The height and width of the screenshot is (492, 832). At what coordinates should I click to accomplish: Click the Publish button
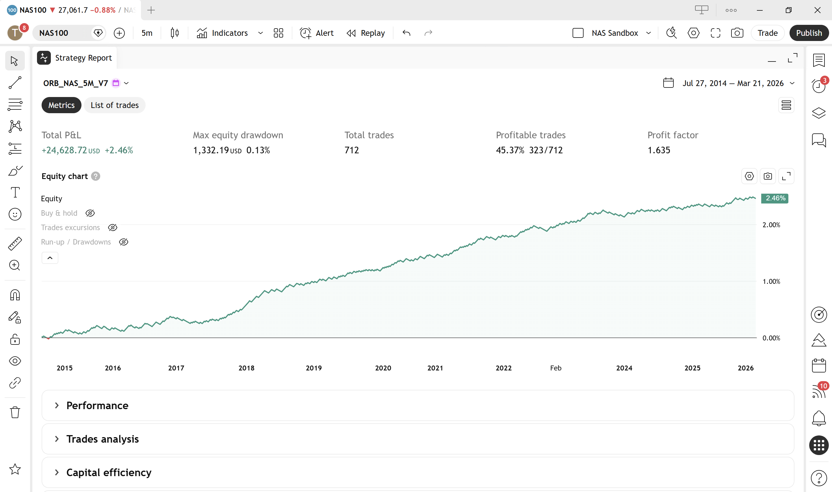click(x=809, y=33)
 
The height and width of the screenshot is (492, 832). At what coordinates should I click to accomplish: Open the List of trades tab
click(x=114, y=105)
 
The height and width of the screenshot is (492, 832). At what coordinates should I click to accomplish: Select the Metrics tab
click(x=61, y=105)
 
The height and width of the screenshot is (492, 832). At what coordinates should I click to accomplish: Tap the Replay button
click(x=366, y=33)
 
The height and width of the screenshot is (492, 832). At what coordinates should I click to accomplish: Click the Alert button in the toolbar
click(x=317, y=33)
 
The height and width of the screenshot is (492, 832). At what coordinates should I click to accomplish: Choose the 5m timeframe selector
click(x=147, y=33)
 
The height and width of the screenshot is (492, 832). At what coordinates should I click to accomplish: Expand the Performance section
click(x=97, y=405)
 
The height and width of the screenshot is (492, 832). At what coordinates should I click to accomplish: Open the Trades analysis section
click(x=103, y=439)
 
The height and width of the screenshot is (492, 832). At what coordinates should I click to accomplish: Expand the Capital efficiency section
click(x=109, y=472)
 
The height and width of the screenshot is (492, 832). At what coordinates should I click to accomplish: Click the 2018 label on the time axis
click(x=246, y=368)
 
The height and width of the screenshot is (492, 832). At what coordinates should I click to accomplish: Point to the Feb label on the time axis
click(x=556, y=368)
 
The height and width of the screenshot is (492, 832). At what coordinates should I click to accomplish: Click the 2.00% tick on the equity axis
click(x=771, y=225)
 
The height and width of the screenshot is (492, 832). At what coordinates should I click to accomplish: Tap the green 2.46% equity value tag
click(x=775, y=198)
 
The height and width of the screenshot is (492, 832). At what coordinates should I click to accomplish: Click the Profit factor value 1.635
click(x=659, y=150)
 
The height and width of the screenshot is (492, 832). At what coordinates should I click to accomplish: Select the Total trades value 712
click(x=352, y=150)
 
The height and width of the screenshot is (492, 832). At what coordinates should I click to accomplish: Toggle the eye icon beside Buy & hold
click(x=90, y=213)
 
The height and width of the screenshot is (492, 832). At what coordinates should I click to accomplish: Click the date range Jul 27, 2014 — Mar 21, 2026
click(x=733, y=83)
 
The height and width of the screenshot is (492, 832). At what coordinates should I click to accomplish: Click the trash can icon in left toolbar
click(x=15, y=412)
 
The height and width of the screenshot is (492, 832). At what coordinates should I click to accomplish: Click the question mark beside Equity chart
click(x=96, y=176)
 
